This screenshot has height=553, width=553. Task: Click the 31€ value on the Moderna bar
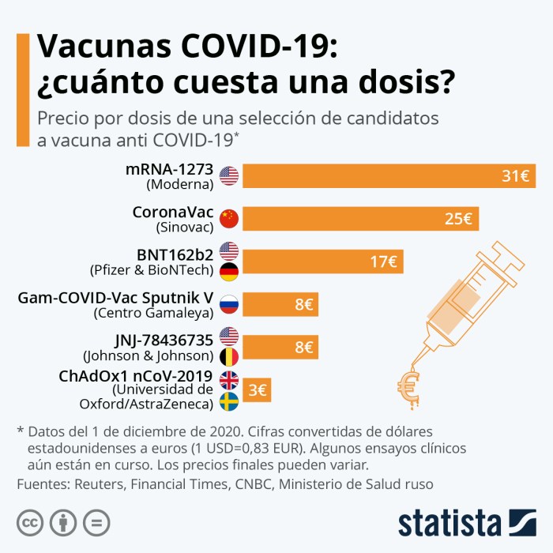[x=514, y=176]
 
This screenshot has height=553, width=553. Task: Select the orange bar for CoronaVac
[x=360, y=219]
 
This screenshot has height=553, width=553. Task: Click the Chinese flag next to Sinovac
[x=229, y=218]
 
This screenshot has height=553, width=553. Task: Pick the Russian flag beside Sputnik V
[x=229, y=304]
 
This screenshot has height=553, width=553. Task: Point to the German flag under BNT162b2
[x=229, y=273]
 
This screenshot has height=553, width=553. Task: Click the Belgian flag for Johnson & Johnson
[x=229, y=358]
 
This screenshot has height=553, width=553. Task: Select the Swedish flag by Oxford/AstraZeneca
[x=229, y=401]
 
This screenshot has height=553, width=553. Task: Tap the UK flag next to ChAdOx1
[x=229, y=379]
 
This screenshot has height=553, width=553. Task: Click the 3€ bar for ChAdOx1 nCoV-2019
[x=256, y=389]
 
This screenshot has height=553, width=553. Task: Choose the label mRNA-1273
[x=170, y=170]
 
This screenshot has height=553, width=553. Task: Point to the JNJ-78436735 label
[x=164, y=340]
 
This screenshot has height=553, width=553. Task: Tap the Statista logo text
[x=450, y=523]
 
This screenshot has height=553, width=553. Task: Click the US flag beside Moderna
[x=229, y=175]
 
